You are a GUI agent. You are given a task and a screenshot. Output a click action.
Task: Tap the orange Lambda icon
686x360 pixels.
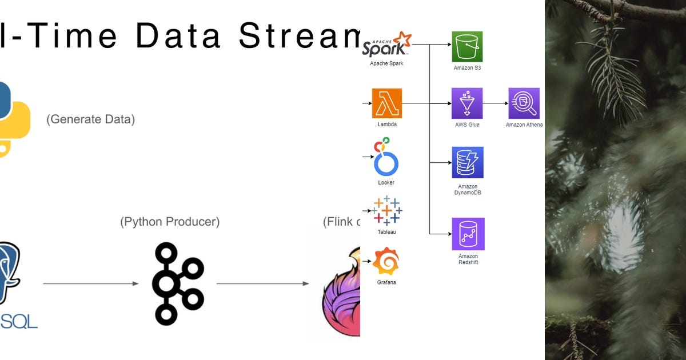[x=387, y=103]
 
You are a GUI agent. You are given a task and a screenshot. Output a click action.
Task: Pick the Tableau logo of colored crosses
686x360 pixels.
[x=387, y=210]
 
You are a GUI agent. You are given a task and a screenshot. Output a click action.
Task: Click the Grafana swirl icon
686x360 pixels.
[x=386, y=261]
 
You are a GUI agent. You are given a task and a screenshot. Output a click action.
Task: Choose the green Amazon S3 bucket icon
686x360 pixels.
[x=468, y=46]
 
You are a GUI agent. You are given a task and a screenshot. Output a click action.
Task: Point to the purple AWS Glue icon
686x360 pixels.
[x=467, y=103]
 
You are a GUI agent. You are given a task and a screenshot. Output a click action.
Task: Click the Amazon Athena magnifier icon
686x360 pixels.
[x=524, y=103]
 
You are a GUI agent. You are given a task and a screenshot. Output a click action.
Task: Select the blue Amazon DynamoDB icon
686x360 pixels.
[x=467, y=162]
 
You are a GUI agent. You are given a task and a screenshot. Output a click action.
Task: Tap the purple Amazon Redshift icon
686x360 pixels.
[x=468, y=234]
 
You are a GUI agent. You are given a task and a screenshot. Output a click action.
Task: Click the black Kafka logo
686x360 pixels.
[x=177, y=283]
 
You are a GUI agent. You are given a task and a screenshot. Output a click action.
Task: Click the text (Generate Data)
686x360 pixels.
[x=90, y=119]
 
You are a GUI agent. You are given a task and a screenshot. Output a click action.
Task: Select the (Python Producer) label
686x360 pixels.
[x=170, y=222]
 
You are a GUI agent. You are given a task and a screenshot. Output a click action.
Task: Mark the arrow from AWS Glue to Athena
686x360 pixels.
[x=496, y=103]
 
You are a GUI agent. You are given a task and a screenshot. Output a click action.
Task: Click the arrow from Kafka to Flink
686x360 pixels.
[x=263, y=283]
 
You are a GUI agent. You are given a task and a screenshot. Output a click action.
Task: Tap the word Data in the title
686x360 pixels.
[x=178, y=36]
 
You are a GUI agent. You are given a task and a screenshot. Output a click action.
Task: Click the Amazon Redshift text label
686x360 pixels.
[x=468, y=259]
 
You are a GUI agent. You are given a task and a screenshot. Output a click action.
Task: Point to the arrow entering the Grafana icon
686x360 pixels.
[x=367, y=261]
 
